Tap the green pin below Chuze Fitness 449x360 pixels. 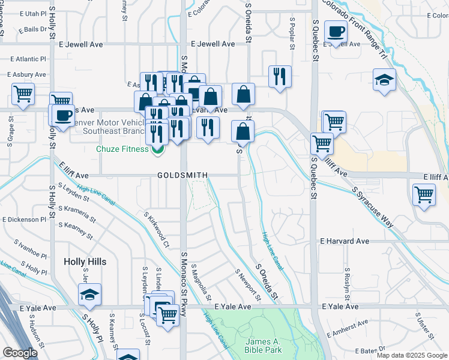click(x=158, y=150)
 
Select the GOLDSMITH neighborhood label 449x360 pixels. click(x=182, y=175)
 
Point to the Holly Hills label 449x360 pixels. click(x=85, y=262)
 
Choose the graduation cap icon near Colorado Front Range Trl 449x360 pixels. click(x=384, y=80)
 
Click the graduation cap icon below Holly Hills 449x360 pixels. click(x=89, y=295)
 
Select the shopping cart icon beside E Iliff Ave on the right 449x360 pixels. click(x=424, y=195)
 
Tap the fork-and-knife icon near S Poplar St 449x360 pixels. click(x=280, y=76)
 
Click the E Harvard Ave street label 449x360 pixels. click(x=345, y=241)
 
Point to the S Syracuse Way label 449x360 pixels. click(x=373, y=206)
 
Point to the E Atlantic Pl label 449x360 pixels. click(x=29, y=59)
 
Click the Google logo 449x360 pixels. click(x=20, y=353)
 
